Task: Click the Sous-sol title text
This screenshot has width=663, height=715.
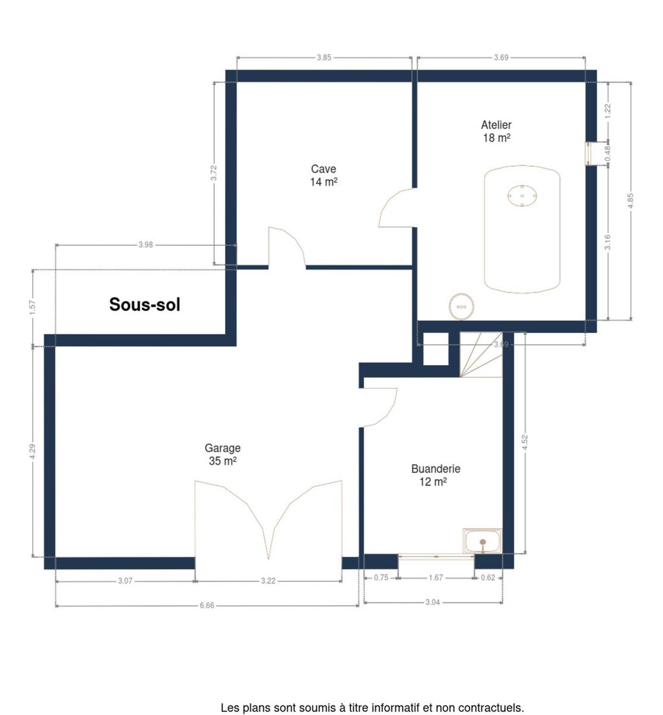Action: point(144,304)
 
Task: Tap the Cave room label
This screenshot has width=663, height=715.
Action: point(323,175)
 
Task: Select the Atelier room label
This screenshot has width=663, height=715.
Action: point(496,132)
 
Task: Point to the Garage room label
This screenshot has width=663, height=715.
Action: point(222,454)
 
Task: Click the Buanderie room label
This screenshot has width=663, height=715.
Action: point(435,475)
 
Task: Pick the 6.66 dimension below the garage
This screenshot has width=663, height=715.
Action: point(207,605)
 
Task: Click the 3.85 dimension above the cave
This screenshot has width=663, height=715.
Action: point(324,58)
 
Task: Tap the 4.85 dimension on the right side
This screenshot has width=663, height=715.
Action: point(630,201)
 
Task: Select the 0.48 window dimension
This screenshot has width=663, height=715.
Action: point(608,153)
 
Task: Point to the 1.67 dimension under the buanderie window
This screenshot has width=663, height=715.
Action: point(435,577)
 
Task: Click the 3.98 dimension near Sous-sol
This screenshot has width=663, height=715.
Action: point(146,245)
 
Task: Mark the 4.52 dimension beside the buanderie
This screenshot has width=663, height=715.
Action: point(525,443)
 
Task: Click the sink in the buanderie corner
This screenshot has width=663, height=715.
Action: point(482,541)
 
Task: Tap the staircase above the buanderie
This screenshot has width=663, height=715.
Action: point(481,355)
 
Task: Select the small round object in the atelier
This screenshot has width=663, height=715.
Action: point(461,307)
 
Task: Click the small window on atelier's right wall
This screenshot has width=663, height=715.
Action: point(588,154)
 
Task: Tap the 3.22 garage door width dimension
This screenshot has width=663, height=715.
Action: point(268,581)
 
